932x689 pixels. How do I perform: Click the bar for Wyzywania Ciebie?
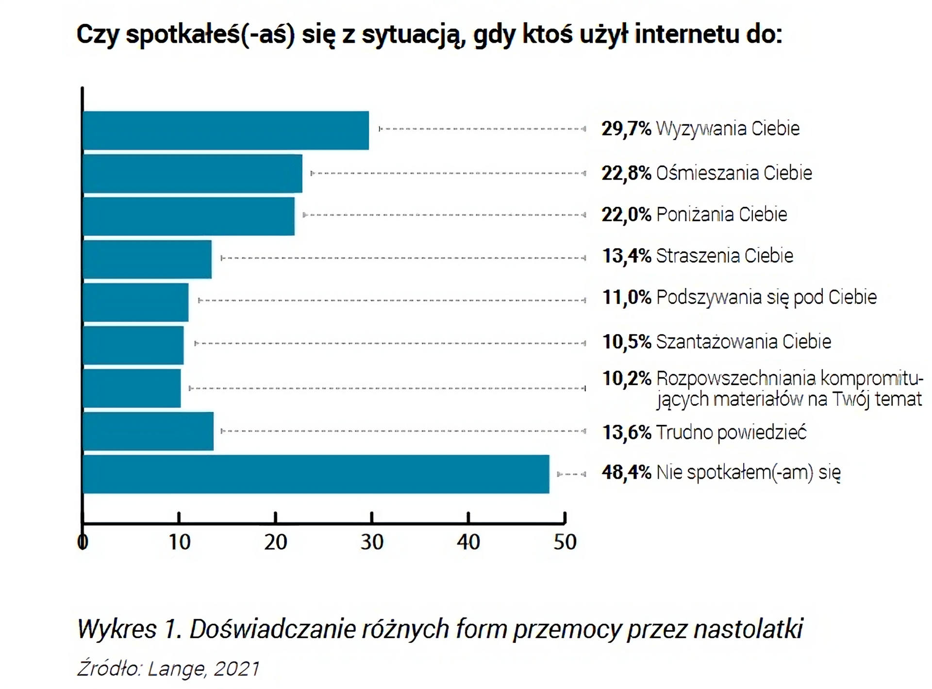(226, 130)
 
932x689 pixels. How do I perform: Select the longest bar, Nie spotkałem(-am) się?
(316, 474)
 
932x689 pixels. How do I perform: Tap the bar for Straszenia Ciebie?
(147, 259)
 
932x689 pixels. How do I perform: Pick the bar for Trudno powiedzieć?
(148, 431)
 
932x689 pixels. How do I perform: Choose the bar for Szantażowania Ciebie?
(133, 345)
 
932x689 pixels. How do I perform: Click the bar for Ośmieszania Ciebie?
(192, 173)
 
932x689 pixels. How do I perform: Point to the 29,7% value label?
(626, 129)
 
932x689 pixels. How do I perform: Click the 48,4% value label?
(626, 472)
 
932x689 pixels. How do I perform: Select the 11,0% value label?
(626, 297)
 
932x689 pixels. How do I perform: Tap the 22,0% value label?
(626, 214)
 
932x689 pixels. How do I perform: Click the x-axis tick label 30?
(372, 542)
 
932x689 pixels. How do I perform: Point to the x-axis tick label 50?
(565, 542)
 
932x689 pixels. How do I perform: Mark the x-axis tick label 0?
(83, 542)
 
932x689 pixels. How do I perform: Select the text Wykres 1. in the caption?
(129, 629)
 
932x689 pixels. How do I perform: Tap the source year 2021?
(236, 669)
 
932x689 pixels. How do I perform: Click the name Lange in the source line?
(177, 669)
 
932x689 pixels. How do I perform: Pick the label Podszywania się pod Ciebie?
(766, 297)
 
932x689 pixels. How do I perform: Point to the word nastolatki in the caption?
(748, 629)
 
